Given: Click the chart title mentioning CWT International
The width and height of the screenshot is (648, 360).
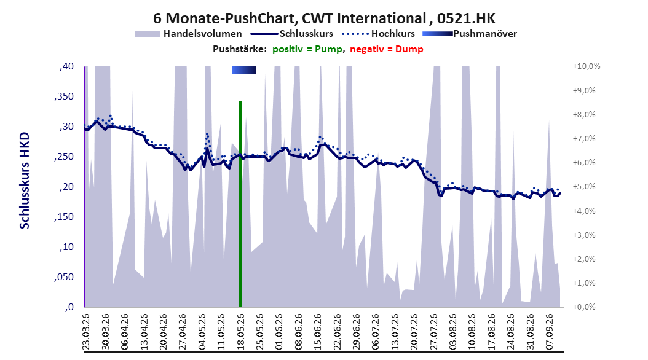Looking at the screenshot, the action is pos(324,18).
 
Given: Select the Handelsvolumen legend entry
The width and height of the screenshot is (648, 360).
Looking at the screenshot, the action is pos(189,34).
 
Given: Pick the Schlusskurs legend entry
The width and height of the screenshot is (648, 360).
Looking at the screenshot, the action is pos(292,34).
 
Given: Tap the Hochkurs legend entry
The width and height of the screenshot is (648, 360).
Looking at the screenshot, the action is pos(378,34).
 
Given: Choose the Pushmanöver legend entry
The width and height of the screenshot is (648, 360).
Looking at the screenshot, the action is pos(470,34).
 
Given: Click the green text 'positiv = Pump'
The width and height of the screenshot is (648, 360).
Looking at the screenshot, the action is pos(307,49).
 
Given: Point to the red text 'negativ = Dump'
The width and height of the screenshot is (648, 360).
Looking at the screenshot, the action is pos(387,49).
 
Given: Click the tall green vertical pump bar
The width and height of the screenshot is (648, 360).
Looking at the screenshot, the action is pos(240,204).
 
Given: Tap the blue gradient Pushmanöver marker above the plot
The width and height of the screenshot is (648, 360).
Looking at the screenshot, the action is pos(244,70).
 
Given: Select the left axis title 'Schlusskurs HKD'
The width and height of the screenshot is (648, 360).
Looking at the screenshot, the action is pos(25,181).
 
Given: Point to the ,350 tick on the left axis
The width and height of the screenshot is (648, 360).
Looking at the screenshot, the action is pos(64,96).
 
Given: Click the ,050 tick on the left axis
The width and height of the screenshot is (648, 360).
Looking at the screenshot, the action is pos(64,277).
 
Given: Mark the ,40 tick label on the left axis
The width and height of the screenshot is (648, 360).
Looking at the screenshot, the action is pos(66,66).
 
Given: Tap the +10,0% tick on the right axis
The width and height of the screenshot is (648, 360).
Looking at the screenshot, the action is pos(587,66).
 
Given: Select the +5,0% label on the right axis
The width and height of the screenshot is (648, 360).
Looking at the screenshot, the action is pos(584,187).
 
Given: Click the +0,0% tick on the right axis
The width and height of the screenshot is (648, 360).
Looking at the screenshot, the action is pos(584,307).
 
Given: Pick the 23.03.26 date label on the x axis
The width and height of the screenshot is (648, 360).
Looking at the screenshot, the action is pos(86,332).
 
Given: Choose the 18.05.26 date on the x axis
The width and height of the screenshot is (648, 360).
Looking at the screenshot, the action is pos(240,332).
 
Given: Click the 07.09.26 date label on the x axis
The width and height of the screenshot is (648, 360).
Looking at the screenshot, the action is pos(549,332).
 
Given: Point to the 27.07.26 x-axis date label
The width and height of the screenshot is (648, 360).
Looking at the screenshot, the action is pos(433,332).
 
